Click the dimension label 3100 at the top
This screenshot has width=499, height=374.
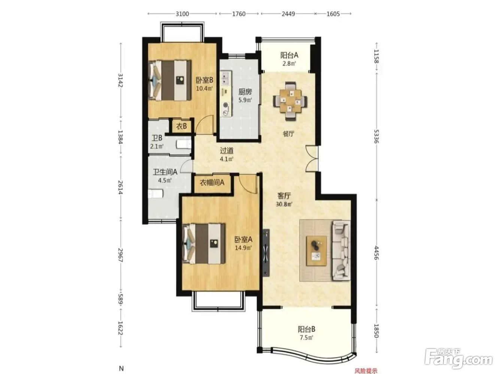182,14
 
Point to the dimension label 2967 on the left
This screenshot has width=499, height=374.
120,255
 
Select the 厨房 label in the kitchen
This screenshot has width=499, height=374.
245,92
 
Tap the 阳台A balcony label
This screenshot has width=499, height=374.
289,55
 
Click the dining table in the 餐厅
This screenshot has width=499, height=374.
290,101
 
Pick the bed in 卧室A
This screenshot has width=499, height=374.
204,243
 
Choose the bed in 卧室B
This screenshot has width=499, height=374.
169,80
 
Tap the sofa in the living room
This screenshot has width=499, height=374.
342,251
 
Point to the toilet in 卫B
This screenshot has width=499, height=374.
184,145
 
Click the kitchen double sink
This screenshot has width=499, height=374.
226,77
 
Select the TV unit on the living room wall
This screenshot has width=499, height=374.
266,252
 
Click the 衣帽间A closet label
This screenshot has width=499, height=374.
212,182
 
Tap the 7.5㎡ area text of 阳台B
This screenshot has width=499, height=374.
306,337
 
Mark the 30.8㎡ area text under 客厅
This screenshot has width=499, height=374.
284,204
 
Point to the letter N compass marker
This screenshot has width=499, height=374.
121,368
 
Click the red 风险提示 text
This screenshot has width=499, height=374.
366,371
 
